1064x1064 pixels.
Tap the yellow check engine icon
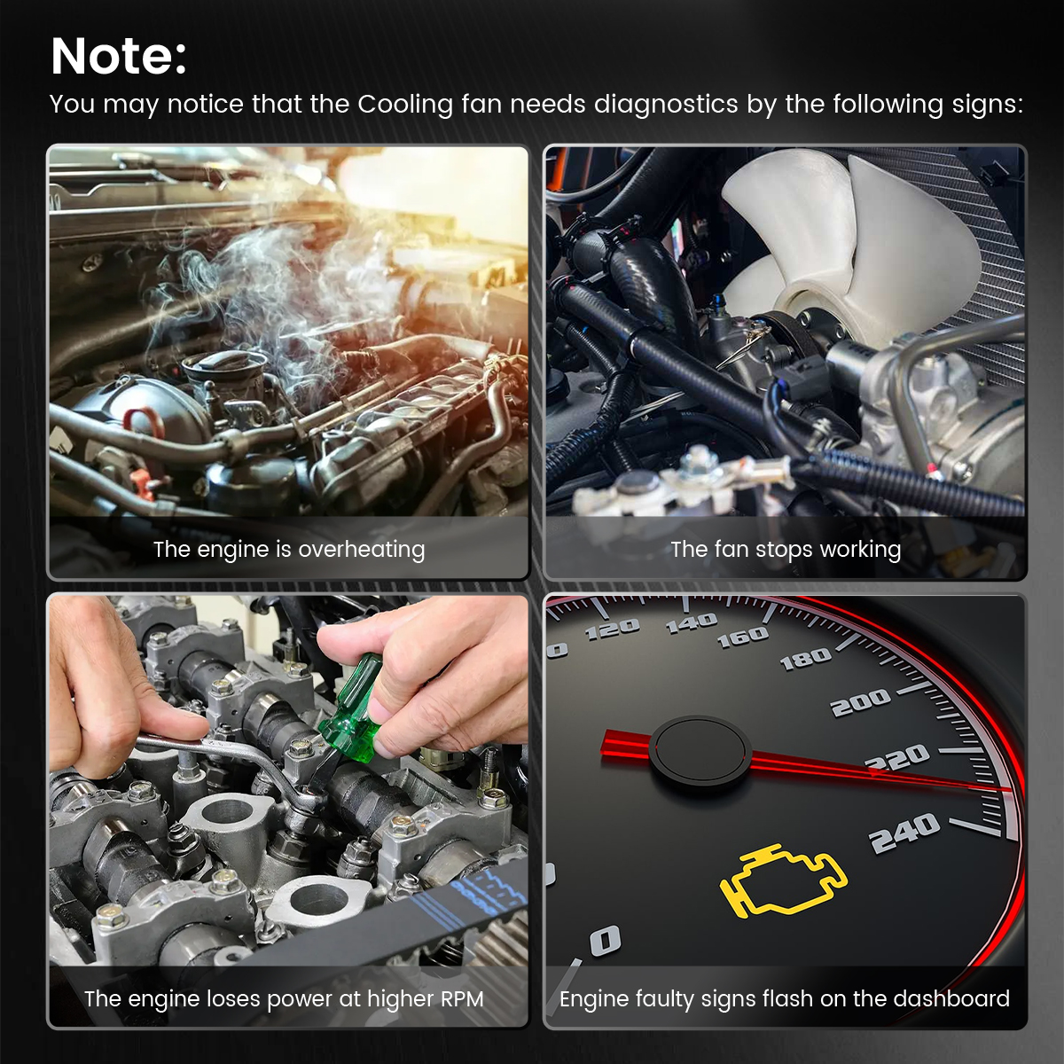point(784,880)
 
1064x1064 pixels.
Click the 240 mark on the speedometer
point(904,832)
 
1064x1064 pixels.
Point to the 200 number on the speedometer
point(860,701)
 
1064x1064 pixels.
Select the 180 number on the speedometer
point(806,659)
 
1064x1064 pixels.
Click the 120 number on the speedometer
point(612,628)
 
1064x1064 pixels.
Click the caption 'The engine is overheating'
point(289,550)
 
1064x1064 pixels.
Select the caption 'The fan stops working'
point(786,550)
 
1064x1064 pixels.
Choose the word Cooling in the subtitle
point(405,105)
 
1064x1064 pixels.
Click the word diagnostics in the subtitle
point(666,105)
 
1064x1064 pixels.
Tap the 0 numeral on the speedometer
point(606,940)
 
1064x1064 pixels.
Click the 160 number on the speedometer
point(743,637)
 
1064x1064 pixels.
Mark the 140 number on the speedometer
point(692,622)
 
